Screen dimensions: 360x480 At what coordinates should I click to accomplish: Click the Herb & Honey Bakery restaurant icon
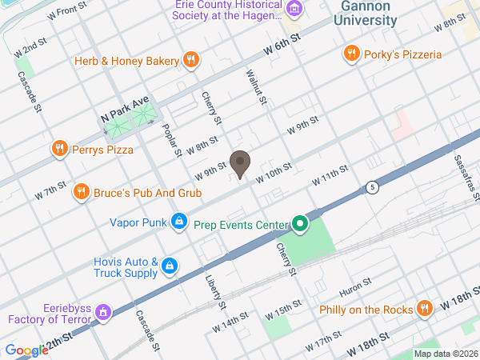(190, 59)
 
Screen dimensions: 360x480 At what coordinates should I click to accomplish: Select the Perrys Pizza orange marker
(59, 148)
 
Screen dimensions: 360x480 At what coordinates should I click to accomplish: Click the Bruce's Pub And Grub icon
(81, 191)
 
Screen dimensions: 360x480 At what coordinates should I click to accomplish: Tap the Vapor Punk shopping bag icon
(180, 221)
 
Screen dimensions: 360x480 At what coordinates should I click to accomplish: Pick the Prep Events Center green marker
(300, 223)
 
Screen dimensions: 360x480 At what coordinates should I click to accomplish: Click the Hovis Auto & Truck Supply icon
(170, 266)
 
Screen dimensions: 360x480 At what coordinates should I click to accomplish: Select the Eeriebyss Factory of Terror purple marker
(102, 313)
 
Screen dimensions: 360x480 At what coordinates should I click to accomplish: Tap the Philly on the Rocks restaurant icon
(426, 309)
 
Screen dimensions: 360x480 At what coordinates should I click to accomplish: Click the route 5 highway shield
(372, 187)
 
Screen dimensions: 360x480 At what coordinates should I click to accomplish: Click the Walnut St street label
(254, 87)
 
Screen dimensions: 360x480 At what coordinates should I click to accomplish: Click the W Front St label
(67, 10)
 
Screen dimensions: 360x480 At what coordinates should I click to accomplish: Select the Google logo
(26, 350)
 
